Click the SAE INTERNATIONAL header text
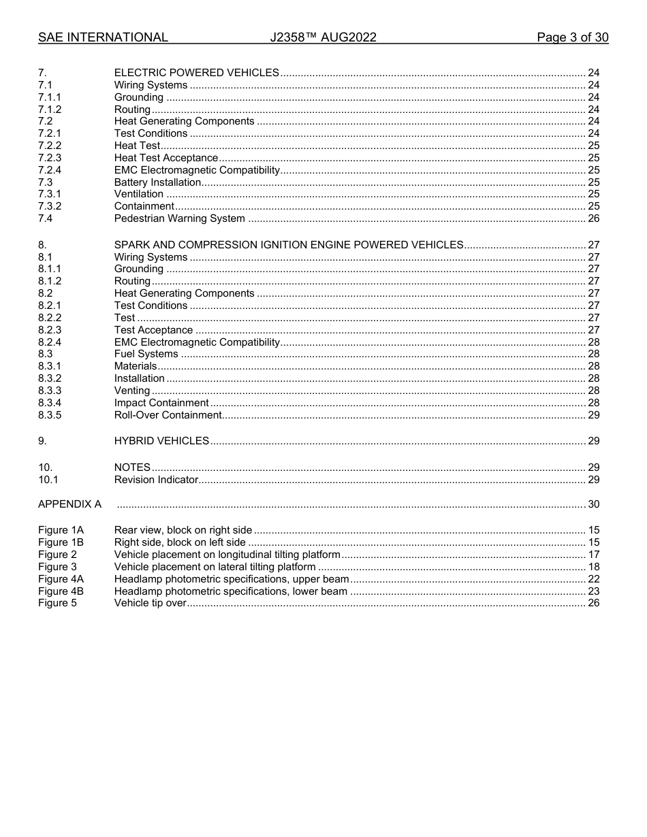click(x=103, y=37)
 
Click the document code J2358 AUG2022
click(x=323, y=37)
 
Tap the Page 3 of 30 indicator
click(x=572, y=37)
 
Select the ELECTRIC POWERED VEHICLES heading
click(x=196, y=73)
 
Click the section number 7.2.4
click(x=50, y=170)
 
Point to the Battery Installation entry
click(x=157, y=182)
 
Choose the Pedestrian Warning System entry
click(x=179, y=218)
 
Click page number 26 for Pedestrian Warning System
click(x=593, y=218)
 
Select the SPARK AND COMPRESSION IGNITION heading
click(x=289, y=245)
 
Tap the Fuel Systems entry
click(x=146, y=354)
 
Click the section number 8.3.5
click(x=50, y=415)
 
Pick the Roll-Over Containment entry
click(x=168, y=415)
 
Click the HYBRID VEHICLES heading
click(x=161, y=441)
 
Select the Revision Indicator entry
click(x=156, y=480)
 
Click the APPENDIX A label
click(x=69, y=504)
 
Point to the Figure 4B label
click(x=61, y=591)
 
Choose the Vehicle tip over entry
click(x=150, y=603)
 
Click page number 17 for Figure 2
click(x=593, y=555)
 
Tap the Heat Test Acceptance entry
click(x=165, y=158)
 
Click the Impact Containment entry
click(x=161, y=403)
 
